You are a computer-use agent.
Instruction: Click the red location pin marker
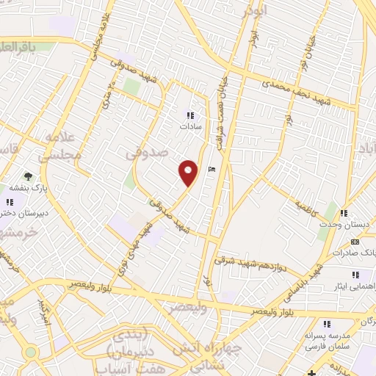pos(189,173)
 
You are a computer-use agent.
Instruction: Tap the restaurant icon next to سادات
pos(190,115)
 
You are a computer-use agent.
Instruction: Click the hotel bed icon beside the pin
pos(212,170)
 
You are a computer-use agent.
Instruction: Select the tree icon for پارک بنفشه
pos(28,176)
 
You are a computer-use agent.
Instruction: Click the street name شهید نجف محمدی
pos(293,90)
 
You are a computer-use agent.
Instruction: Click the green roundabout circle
pos(30,352)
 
